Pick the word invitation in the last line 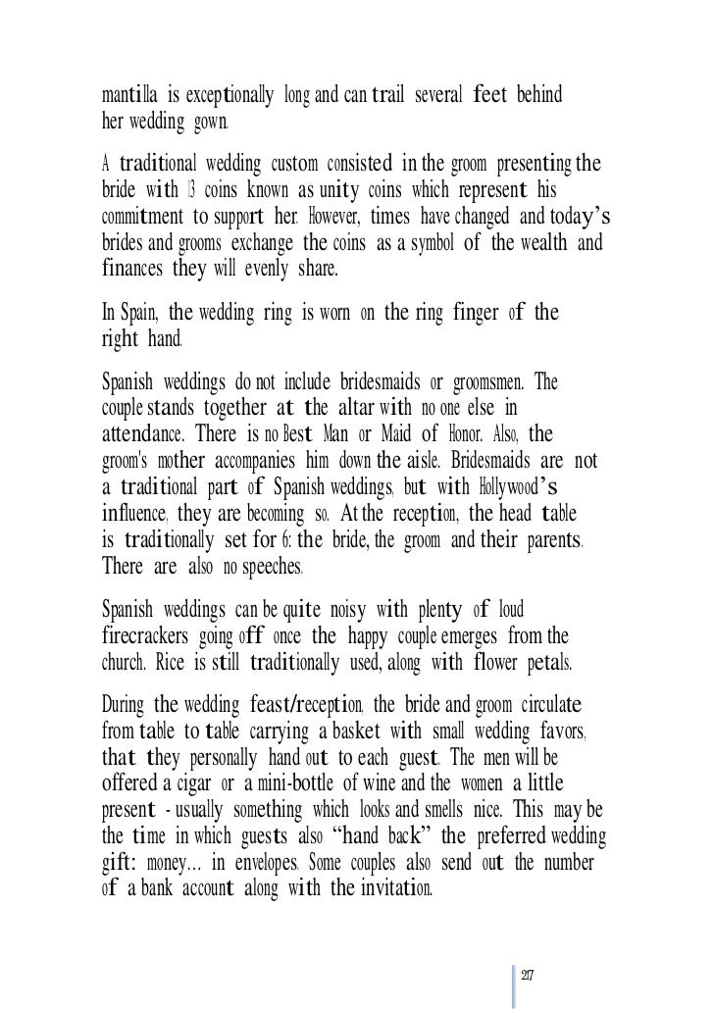(x=380, y=890)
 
